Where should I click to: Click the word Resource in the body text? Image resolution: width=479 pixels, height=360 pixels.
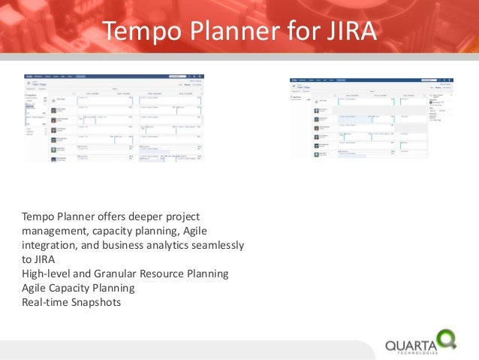[x=175, y=274]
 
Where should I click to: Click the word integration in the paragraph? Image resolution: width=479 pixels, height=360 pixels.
[x=51, y=246]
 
